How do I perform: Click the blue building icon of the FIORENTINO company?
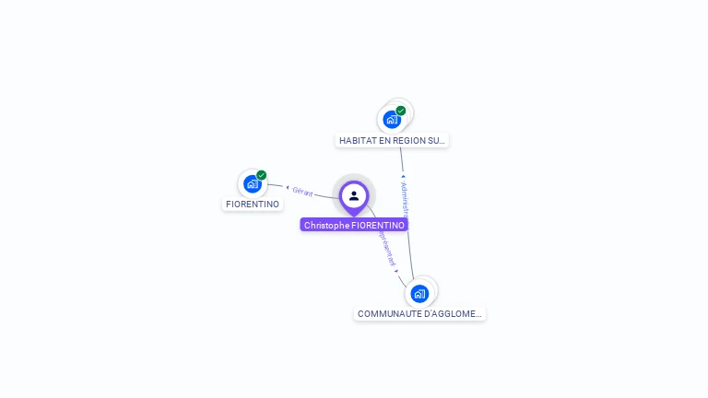[252, 183]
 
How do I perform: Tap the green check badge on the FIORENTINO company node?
[262, 175]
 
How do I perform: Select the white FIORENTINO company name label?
[253, 204]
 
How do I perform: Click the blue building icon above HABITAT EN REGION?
[392, 119]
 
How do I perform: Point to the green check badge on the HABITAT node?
[401, 111]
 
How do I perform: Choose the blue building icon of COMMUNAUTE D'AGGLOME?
[419, 294]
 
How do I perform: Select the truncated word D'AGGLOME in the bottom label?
[453, 314]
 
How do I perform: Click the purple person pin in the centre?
[354, 196]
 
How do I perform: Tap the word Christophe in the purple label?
[326, 225]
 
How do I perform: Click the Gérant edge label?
[302, 192]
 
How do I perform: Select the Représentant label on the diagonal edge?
[385, 246]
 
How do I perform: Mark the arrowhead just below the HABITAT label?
[402, 175]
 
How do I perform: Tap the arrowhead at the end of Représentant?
[396, 271]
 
